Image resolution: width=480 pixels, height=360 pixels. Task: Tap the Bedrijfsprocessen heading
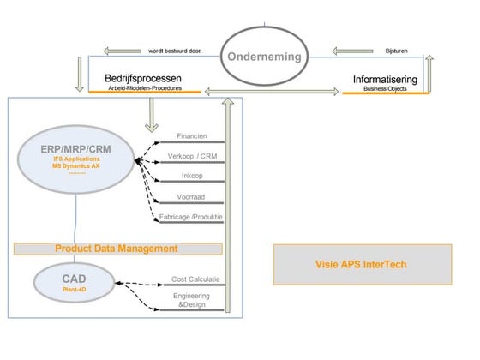(x=141, y=77)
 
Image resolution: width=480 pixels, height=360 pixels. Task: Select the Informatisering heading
(x=386, y=79)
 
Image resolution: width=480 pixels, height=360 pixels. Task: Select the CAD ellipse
(x=75, y=282)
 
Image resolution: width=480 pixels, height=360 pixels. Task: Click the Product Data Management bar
(x=117, y=249)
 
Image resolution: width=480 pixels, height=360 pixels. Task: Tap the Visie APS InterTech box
(x=361, y=264)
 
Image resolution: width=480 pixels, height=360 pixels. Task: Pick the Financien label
(x=191, y=135)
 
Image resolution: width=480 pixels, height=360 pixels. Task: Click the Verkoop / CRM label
(x=191, y=156)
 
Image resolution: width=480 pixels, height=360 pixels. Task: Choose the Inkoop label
(x=191, y=176)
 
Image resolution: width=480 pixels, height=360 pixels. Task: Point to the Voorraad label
(x=191, y=196)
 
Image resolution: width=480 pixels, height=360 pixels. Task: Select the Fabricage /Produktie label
(x=191, y=217)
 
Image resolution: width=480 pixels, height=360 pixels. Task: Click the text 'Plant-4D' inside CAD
(x=75, y=291)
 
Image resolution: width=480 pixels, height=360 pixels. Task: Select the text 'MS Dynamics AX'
(x=75, y=165)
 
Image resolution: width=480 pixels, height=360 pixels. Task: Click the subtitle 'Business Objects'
(x=386, y=87)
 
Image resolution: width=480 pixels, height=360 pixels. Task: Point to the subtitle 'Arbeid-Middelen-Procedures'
(x=142, y=87)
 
